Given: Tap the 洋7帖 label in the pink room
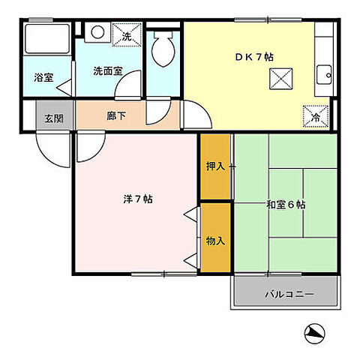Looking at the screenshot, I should (139, 199).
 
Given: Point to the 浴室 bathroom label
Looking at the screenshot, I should (43, 76).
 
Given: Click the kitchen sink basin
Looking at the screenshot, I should (325, 73).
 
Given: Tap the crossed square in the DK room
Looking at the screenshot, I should (280, 77).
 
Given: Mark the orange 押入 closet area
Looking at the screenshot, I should (214, 176).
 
